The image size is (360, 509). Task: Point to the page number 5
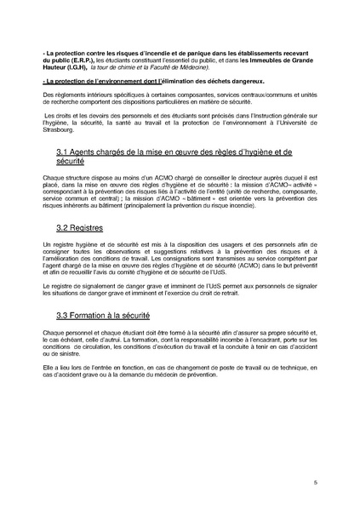[315, 482]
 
